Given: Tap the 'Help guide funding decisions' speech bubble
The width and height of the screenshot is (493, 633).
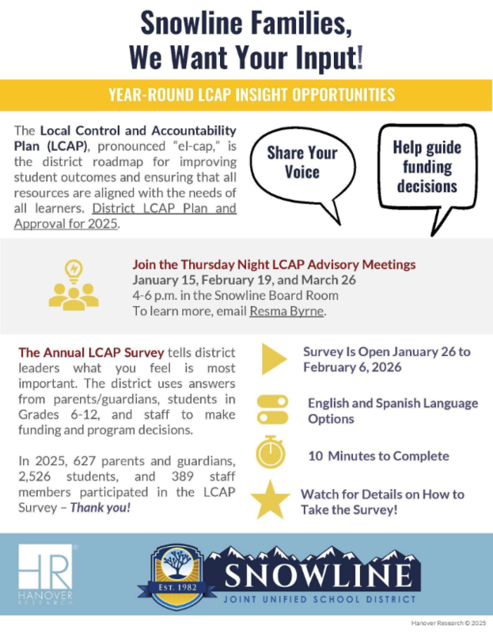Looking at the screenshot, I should click(427, 167).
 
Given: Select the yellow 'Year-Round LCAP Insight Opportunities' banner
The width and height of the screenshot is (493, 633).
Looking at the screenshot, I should click(246, 96).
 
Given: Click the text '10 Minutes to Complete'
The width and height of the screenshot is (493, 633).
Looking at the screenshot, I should click(378, 456).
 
